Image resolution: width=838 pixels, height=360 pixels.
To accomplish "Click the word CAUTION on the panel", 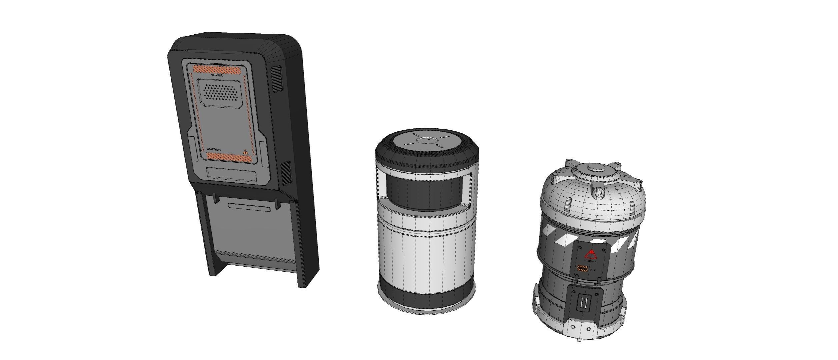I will point(213,149).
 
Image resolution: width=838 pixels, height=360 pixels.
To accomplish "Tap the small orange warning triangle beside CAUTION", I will point(246,152).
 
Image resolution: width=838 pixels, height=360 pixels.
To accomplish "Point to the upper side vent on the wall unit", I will point(276,79).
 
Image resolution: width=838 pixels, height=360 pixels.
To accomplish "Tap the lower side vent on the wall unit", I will point(286,173).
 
